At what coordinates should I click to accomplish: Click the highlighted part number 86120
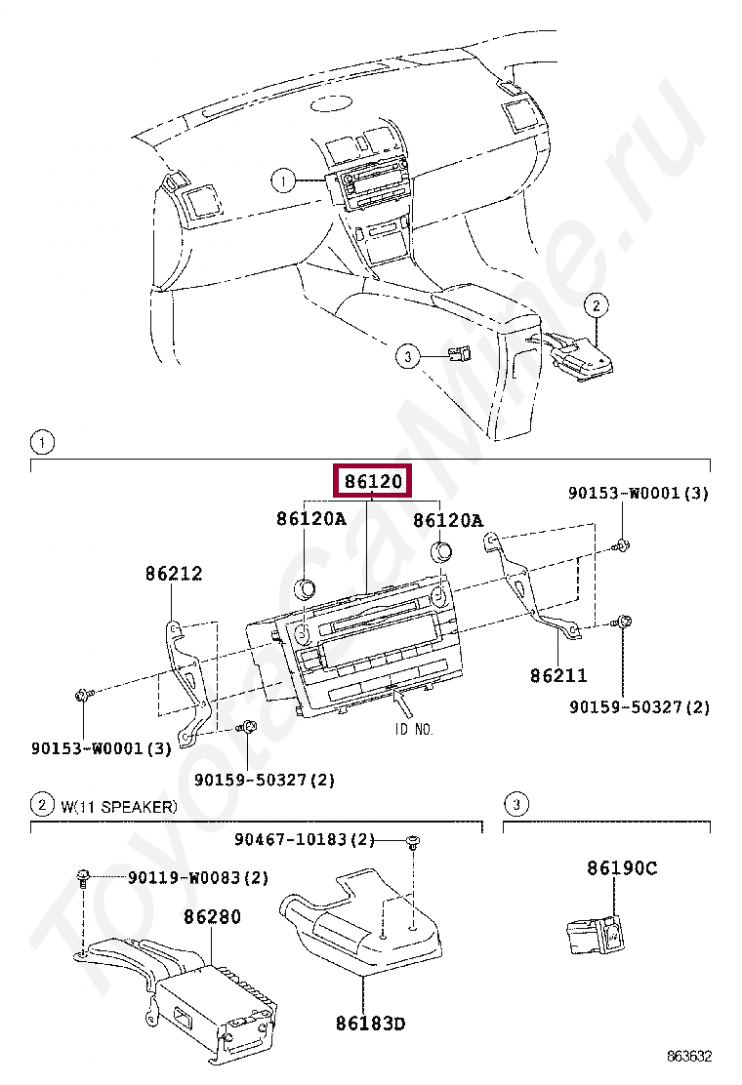373,483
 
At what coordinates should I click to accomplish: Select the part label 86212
174,574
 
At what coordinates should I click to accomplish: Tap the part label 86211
559,674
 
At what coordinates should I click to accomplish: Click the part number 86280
212,917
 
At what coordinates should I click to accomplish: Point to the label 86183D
370,1024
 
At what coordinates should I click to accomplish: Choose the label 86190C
622,867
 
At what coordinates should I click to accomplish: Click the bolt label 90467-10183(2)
305,839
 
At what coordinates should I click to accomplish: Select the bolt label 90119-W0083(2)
198,878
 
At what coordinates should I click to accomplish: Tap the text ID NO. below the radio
413,729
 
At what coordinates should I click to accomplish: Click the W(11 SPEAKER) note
118,806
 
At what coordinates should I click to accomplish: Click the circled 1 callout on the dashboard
282,181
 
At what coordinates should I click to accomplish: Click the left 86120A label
310,520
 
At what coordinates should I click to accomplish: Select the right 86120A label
448,520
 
